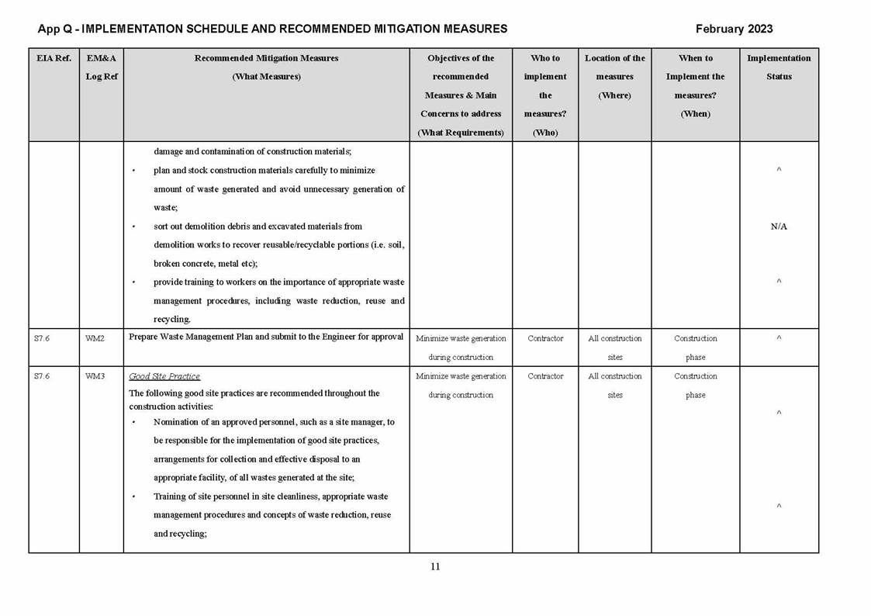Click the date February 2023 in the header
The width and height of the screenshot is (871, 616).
734,29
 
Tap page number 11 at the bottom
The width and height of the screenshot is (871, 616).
435,566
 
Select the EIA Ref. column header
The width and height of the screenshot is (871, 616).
54,58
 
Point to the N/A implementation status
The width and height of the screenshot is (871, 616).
779,227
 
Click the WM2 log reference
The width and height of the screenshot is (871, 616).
95,338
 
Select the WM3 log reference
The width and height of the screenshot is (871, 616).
95,376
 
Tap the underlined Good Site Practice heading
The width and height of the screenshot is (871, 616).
164,376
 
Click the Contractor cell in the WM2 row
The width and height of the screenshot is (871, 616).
545,338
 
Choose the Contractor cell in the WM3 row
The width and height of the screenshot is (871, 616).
545,376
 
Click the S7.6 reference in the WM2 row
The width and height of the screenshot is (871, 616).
42,338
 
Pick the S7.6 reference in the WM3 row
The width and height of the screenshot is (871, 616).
42,376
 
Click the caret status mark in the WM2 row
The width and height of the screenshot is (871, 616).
779,338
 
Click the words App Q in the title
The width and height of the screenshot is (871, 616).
54,29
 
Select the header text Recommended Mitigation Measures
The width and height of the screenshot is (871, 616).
266,58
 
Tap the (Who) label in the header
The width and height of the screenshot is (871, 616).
545,133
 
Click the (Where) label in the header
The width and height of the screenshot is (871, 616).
614,95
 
